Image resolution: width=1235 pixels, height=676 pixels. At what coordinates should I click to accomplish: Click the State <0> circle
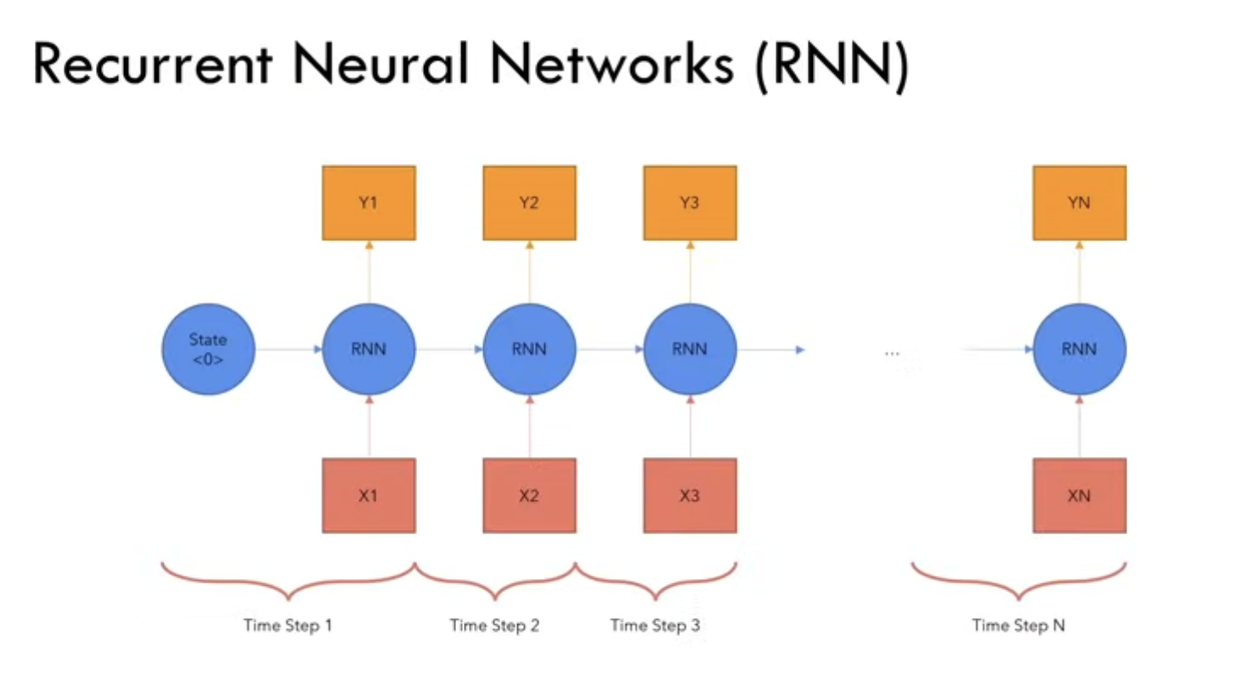coord(208,349)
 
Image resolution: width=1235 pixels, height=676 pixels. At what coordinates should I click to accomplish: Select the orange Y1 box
coord(369,203)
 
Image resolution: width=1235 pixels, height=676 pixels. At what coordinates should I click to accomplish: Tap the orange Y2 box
coord(529,203)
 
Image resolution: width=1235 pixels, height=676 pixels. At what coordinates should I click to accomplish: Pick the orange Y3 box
coord(690,203)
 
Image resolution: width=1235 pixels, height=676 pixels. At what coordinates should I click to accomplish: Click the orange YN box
coord(1080,203)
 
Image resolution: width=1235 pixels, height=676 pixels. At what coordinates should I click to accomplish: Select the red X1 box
coord(369,496)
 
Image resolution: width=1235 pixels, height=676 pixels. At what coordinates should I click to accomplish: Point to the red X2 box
coord(529,496)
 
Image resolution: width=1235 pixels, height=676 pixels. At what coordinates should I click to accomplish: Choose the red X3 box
coord(690,496)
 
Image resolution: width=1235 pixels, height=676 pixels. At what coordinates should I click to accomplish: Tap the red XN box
coord(1080,496)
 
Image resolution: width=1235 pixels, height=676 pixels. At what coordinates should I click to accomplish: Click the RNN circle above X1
coord(369,349)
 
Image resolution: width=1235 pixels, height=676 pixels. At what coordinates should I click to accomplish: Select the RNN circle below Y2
coord(529,349)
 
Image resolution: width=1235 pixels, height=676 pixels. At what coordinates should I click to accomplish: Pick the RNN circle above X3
coord(690,349)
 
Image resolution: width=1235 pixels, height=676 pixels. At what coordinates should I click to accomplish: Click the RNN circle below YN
coord(1080,349)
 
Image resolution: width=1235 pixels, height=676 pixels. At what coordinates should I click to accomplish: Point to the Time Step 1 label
coord(288,625)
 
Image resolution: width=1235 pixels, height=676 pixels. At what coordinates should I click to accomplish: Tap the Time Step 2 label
coord(494,625)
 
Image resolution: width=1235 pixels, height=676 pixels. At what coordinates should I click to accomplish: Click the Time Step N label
coord(1018,625)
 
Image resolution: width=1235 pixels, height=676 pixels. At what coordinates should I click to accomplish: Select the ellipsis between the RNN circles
coord(892,353)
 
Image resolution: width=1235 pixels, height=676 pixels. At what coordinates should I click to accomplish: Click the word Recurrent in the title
coord(153,64)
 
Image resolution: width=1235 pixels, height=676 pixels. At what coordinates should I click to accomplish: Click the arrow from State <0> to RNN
coord(289,349)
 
